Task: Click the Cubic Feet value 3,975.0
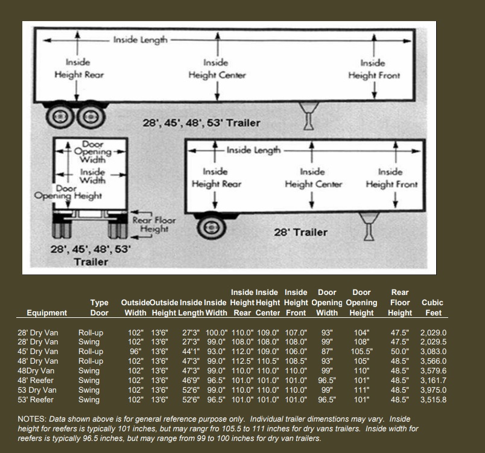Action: [433, 390]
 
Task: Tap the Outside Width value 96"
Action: [136, 352]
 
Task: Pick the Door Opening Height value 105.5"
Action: [361, 352]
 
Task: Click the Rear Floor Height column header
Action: [400, 302]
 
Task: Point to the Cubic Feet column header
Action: [433, 308]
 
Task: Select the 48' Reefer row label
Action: [36, 381]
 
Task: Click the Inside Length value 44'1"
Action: [191, 352]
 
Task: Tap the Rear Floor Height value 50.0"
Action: [399, 352]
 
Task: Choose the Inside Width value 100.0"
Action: [217, 333]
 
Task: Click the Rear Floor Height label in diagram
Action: [154, 224]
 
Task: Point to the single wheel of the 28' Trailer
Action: [211, 227]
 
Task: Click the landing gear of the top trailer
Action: [308, 116]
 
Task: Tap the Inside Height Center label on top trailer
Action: [217, 69]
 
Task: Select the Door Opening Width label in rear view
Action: [92, 152]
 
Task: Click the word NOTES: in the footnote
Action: [32, 419]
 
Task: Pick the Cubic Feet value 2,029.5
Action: [433, 341]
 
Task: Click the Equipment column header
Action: [46, 312]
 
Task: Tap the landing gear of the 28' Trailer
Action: [369, 226]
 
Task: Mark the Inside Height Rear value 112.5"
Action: [242, 361]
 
